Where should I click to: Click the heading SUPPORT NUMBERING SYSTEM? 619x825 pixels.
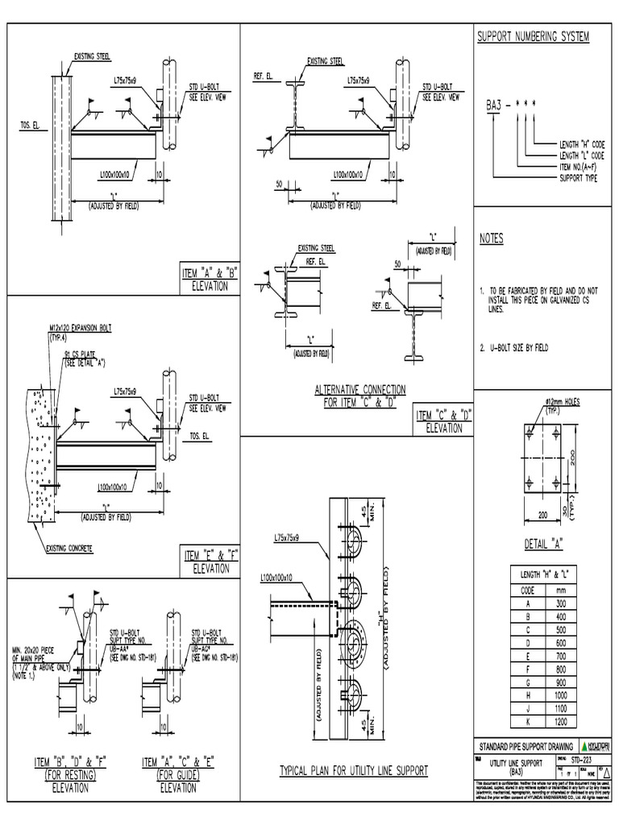(x=534, y=37)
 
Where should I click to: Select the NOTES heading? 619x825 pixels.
(x=491, y=239)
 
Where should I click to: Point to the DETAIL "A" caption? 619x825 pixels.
(x=542, y=542)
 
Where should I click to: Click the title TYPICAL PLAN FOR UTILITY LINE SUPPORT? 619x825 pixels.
(x=353, y=771)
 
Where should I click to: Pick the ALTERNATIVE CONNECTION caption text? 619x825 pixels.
(x=360, y=390)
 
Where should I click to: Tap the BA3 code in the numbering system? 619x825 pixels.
(x=492, y=105)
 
